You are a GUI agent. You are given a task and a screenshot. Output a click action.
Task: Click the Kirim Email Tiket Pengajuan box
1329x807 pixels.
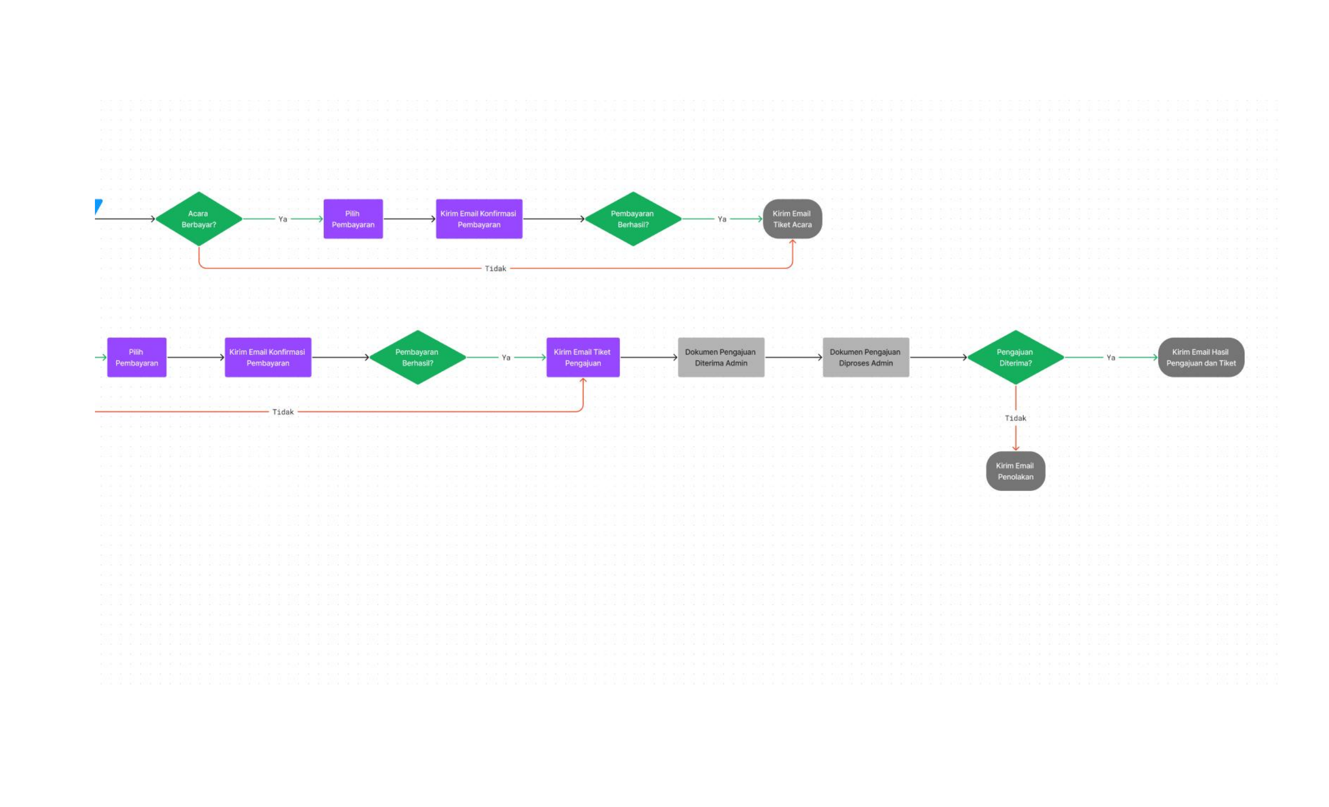point(582,357)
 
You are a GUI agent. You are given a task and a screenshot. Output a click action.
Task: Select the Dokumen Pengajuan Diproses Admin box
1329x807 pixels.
point(865,357)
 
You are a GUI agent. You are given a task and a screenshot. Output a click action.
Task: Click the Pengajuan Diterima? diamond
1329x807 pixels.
point(1015,357)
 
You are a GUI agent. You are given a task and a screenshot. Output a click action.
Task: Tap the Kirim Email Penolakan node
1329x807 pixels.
point(1015,471)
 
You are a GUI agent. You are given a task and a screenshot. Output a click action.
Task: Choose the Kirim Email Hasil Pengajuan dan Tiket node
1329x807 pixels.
point(1200,357)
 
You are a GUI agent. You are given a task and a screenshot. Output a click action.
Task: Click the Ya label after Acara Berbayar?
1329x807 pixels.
point(283,219)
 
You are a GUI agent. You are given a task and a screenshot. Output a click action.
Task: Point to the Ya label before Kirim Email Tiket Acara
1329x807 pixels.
point(722,219)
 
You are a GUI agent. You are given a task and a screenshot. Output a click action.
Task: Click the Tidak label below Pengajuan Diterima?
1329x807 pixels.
point(1015,418)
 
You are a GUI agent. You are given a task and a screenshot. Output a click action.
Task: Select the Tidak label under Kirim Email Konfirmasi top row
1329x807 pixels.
point(495,269)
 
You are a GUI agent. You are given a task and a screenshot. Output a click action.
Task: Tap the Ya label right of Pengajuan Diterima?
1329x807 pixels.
point(1110,358)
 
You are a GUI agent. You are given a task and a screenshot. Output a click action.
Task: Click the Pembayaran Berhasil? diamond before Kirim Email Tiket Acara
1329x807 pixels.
point(632,219)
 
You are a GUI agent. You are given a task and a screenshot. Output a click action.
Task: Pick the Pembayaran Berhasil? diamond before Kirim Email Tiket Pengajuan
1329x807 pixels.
point(417,357)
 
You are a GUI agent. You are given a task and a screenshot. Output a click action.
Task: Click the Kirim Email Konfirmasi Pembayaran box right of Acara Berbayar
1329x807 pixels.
point(479,219)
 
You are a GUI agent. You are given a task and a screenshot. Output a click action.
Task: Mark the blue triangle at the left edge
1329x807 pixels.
point(98,206)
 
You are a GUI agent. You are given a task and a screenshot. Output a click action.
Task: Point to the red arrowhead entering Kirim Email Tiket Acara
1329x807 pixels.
point(793,243)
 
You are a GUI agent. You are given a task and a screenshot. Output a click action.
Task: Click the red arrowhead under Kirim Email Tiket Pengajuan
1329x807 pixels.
point(583,381)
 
